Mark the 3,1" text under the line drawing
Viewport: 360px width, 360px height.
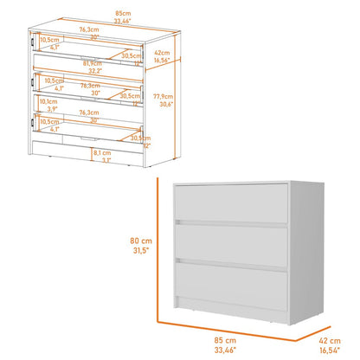[106, 160]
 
